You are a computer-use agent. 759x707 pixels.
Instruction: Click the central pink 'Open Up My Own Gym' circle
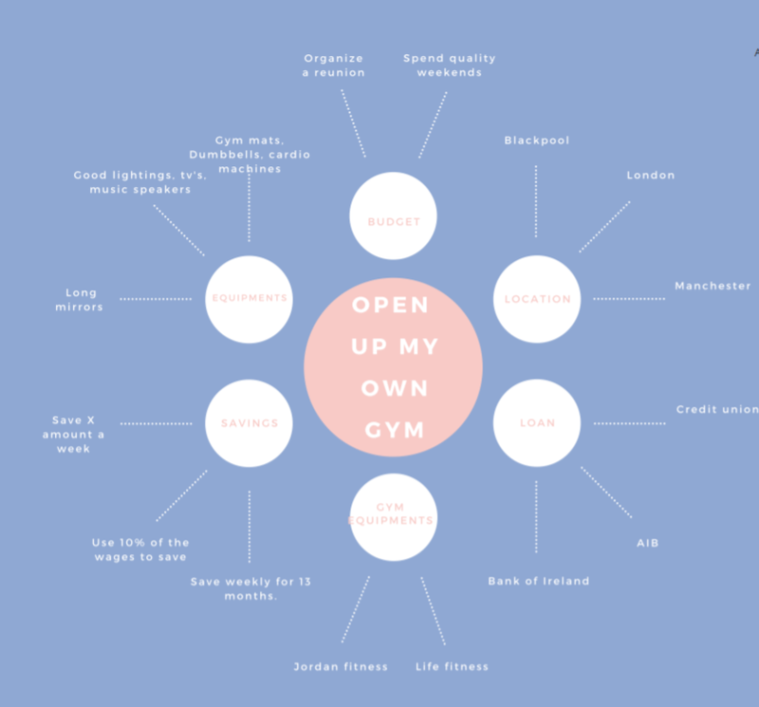coord(393,367)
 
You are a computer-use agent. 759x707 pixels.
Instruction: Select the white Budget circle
coord(393,217)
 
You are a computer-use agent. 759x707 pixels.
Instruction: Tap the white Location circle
coord(537,298)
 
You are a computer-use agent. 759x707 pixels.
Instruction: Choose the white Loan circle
coord(537,423)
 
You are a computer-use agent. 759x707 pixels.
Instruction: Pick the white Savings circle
coord(249,423)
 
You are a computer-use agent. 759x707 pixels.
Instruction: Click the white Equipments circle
coord(249,298)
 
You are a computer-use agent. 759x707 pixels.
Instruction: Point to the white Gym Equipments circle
coord(393,517)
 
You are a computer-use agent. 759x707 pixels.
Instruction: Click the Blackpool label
coord(537,141)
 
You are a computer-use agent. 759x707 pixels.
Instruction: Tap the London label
coord(651,175)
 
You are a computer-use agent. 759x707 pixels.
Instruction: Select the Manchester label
coord(712,286)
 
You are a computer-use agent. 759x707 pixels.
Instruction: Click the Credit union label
coord(717,410)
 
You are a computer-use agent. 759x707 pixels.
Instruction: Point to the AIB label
coord(648,544)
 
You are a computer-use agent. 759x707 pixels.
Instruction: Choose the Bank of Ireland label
coord(539,581)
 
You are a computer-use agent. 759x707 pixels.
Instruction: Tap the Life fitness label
coord(452,666)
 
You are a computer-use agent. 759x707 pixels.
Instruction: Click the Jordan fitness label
coord(341,666)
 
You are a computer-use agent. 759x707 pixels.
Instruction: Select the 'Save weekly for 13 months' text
coord(251,588)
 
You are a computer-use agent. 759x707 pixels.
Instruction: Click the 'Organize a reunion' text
coord(333,66)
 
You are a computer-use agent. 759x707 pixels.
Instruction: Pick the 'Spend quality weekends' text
coord(449,66)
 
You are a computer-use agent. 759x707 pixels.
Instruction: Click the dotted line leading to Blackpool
coord(536,201)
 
